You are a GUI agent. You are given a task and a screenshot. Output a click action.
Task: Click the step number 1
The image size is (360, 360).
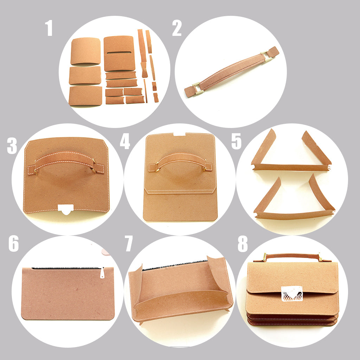click(49, 28)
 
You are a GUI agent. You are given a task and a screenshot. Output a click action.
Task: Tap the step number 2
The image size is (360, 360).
click(176, 28)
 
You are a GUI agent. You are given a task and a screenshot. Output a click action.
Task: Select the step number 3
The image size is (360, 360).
click(12, 146)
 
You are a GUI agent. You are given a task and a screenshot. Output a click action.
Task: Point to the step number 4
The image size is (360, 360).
click(125, 141)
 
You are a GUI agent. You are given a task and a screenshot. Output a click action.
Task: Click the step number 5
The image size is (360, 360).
click(237, 141)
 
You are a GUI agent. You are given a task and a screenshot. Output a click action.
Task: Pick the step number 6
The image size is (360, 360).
click(14, 244)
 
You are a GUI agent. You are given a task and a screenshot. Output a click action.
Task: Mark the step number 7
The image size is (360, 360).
click(129, 244)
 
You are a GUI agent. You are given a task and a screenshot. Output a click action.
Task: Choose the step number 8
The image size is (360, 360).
click(243, 244)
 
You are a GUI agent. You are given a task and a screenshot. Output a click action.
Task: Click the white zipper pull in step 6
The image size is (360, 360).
click(102, 273)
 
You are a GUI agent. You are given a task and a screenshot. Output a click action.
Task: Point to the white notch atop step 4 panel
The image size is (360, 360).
click(180, 134)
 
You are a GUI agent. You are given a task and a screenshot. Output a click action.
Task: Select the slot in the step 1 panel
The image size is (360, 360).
click(119, 53)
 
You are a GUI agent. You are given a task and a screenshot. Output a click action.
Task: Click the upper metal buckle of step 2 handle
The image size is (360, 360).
click(266, 55)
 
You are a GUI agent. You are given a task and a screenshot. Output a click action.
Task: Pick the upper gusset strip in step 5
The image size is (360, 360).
click(291, 167)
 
